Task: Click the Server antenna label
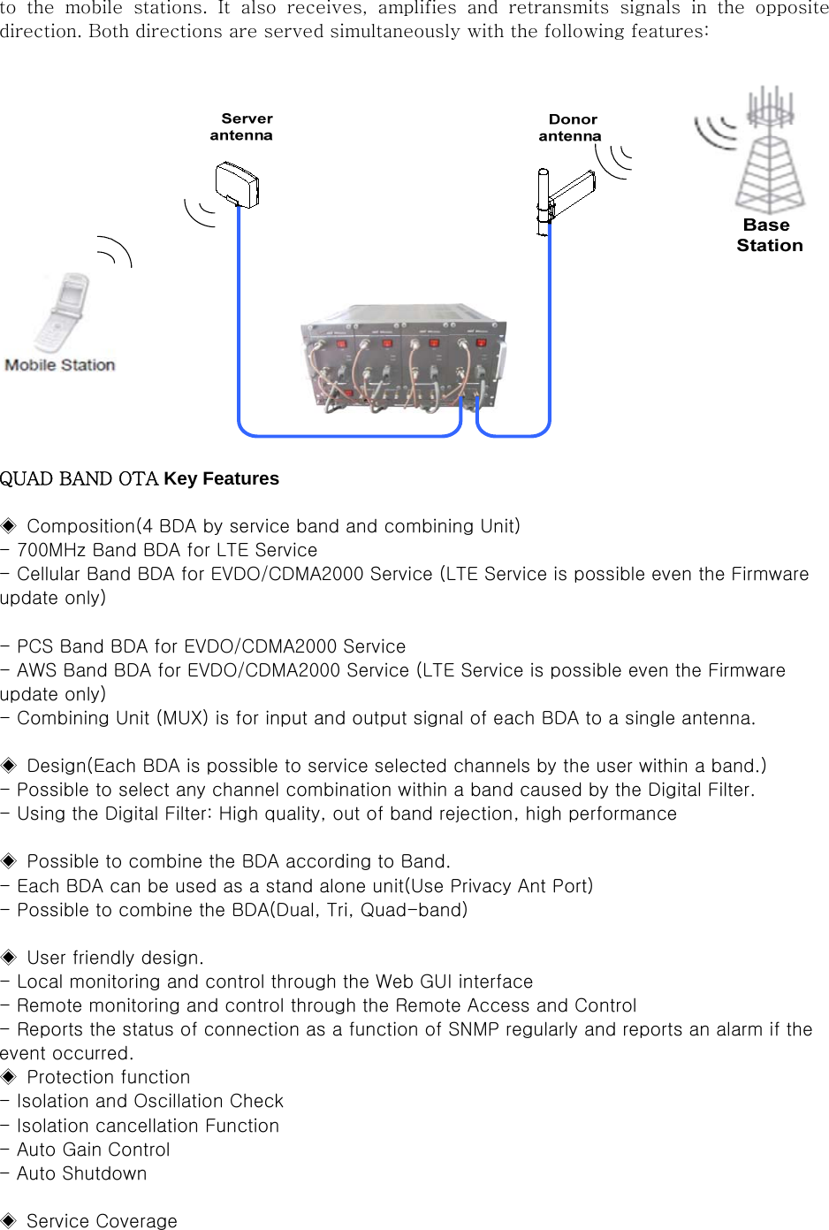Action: [x=242, y=126]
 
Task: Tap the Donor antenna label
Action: [x=571, y=127]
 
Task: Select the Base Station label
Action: [x=769, y=235]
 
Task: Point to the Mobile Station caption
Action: [x=60, y=364]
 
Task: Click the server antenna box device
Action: [x=237, y=184]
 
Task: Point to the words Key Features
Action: [x=221, y=478]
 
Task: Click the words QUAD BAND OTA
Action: [x=79, y=478]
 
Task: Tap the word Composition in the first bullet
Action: [x=80, y=526]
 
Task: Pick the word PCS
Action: [x=35, y=646]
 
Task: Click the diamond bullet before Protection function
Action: [x=9, y=1077]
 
